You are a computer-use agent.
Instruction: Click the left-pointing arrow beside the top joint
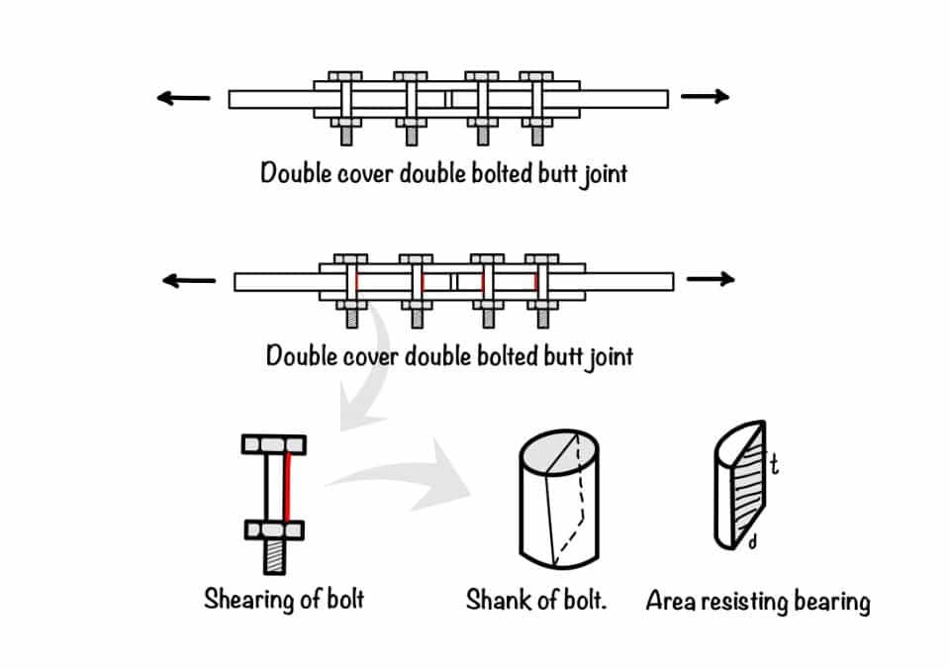184,98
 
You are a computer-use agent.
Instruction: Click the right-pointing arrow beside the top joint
705,97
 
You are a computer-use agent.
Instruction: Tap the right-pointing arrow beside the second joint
710,280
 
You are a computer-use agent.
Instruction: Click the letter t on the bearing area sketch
774,463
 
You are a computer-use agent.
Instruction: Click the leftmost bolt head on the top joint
343,76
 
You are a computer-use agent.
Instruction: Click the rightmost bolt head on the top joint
536,76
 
